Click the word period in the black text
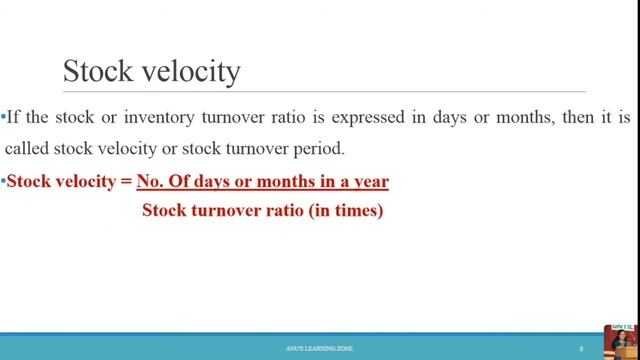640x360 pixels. (318, 149)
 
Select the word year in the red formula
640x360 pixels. (369, 182)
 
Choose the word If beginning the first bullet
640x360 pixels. (14, 117)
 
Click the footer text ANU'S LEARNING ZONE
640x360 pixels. (319, 348)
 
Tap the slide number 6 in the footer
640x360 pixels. (582, 348)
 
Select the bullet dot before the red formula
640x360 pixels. (3, 182)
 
